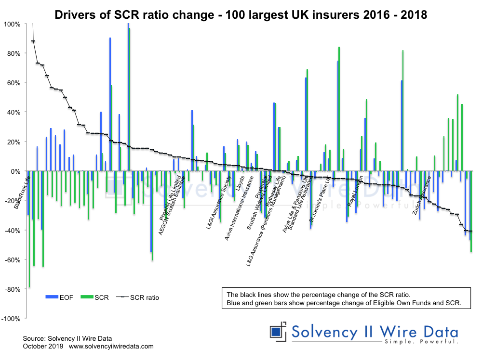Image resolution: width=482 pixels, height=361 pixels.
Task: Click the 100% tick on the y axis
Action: [12, 24]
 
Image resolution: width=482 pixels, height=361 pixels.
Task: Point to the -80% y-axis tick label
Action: [12, 289]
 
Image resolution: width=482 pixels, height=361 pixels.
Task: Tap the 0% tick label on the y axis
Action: [16, 171]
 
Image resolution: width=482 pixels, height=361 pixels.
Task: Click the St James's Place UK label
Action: [321, 201]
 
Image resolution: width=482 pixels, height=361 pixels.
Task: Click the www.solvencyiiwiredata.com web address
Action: [111, 346]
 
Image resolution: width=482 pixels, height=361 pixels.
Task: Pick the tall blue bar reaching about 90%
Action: [110, 104]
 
